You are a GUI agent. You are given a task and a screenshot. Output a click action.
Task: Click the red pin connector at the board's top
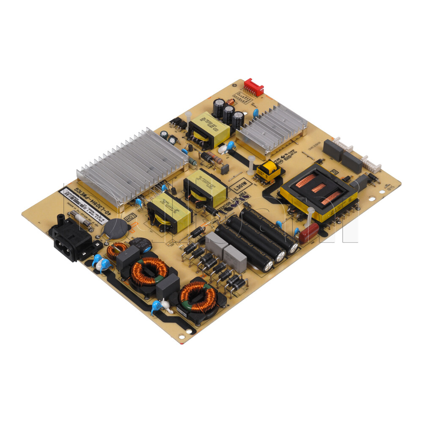coord(253,87)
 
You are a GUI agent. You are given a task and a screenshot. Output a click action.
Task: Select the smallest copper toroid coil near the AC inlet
coord(116,251)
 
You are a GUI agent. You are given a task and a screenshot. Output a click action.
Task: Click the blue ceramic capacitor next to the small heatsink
coord(255,113)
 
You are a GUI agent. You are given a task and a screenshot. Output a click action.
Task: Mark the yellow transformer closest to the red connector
coord(209,130)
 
